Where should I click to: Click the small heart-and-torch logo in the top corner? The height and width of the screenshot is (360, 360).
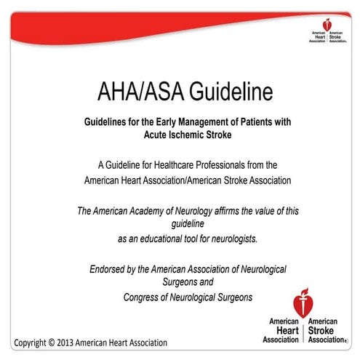point(324,26)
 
